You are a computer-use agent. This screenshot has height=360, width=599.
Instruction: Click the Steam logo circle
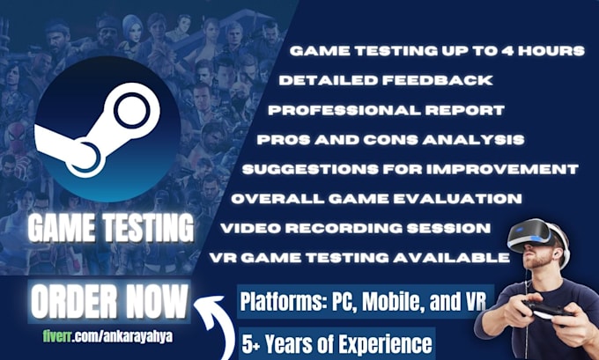107,129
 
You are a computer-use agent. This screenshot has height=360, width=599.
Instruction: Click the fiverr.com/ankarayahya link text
107,337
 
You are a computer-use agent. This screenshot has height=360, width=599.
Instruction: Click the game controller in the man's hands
548,309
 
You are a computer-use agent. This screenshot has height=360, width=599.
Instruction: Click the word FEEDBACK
438,80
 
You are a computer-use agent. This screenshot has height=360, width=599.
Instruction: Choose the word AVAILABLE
452,258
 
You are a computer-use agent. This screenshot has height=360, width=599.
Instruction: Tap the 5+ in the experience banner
251,343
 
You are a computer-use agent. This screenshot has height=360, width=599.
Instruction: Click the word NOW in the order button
156,302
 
